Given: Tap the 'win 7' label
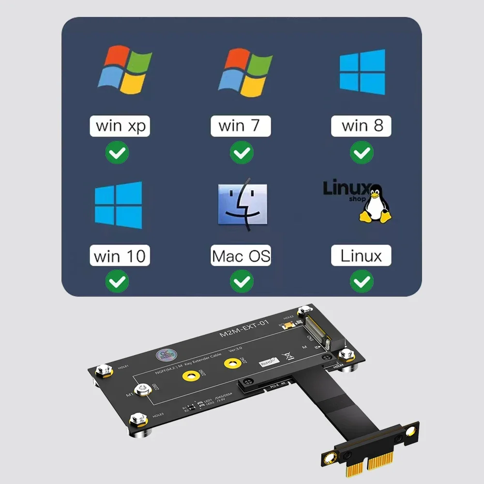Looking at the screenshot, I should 241,126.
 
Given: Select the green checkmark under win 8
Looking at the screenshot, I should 361,153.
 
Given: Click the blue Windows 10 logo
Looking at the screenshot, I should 119,205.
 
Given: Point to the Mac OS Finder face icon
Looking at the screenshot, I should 242,204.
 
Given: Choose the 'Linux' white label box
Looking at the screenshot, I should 361,256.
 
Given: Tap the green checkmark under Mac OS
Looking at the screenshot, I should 241,281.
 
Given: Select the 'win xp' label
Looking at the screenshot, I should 120,126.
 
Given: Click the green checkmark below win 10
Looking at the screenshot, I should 117,281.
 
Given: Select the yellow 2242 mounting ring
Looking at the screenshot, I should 232,362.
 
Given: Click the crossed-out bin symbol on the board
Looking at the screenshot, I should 290,357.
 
